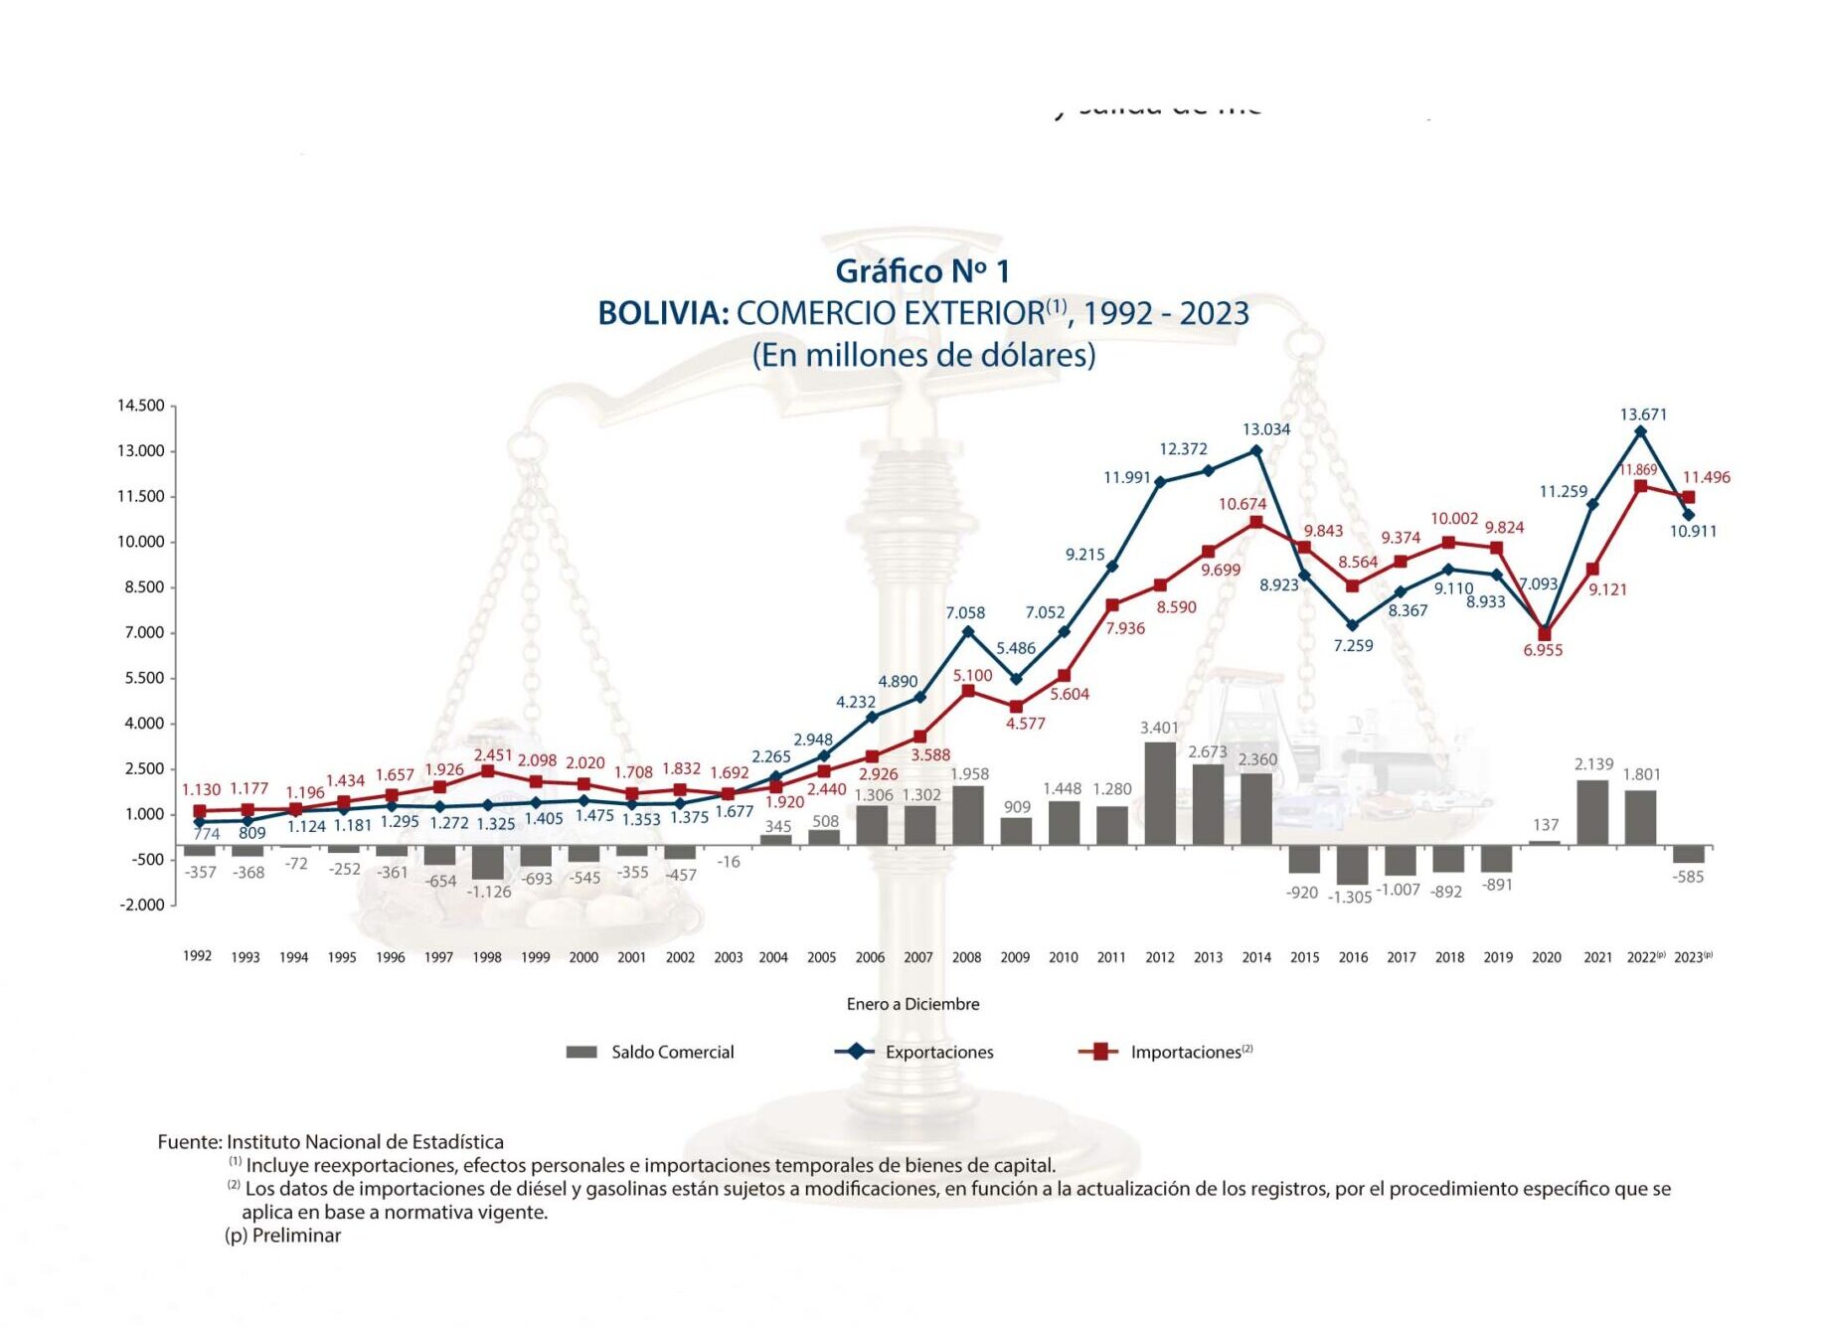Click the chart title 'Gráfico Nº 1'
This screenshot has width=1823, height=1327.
(x=921, y=271)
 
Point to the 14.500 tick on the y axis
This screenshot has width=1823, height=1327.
(x=141, y=406)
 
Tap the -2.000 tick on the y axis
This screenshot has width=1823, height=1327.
(x=142, y=905)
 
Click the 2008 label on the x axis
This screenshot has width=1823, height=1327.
(x=966, y=957)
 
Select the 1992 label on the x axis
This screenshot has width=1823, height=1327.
(x=197, y=956)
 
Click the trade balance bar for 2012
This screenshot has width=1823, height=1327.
(x=1160, y=793)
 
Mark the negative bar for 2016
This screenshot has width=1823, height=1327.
(x=1352, y=865)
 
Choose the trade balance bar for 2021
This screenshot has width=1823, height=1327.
(x=1592, y=812)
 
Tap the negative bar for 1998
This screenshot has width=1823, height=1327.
(x=487, y=862)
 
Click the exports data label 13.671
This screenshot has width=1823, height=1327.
(x=1643, y=415)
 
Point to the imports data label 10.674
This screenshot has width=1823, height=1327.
(x=1243, y=504)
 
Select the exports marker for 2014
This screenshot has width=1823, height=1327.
(x=1256, y=451)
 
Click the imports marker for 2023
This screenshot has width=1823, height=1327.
(x=1688, y=497)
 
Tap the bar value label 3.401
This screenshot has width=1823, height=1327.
(x=1159, y=728)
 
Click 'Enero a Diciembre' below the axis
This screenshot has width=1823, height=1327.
(x=912, y=1004)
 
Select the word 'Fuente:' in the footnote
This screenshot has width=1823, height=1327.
(x=190, y=1142)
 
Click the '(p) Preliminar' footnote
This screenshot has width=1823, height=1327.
(x=283, y=1236)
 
